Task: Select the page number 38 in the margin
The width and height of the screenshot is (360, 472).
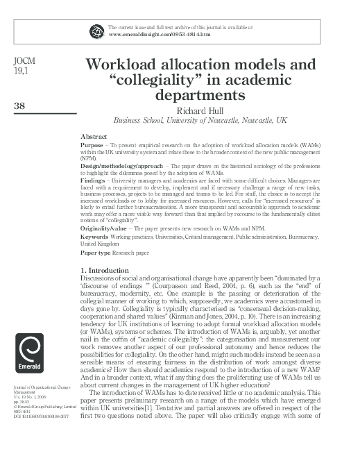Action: (x=20, y=106)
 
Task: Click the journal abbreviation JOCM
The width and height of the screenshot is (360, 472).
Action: (x=24, y=61)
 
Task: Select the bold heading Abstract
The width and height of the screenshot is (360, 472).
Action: (x=94, y=136)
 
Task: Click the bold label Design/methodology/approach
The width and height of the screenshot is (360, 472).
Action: (x=120, y=167)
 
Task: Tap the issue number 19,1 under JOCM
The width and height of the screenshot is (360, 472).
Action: (x=21, y=71)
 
